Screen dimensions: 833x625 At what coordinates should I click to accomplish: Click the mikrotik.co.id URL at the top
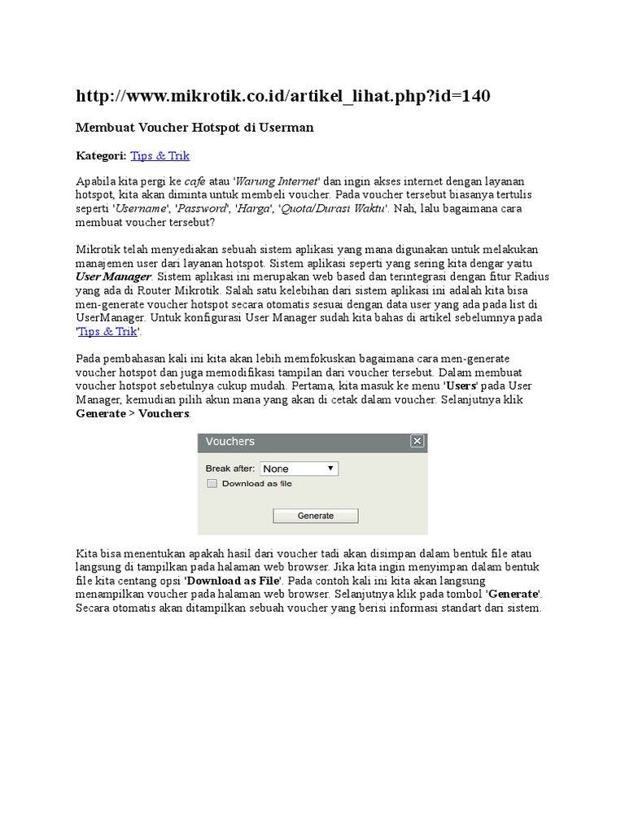pyautogui.click(x=282, y=97)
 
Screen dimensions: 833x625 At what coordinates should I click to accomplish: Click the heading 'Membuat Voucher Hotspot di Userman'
pyautogui.click(x=194, y=128)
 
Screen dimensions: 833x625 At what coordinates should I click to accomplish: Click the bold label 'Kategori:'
pyautogui.click(x=101, y=155)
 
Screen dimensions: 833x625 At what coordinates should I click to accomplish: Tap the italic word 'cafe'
pyautogui.click(x=194, y=181)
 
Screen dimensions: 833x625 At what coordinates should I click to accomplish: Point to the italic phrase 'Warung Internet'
pyautogui.click(x=277, y=181)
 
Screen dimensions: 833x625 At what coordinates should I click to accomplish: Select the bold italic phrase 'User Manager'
pyautogui.click(x=113, y=277)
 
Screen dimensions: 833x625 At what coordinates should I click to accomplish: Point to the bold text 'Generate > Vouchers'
pyautogui.click(x=133, y=413)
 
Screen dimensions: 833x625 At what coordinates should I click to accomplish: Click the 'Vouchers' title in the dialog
pyautogui.click(x=230, y=442)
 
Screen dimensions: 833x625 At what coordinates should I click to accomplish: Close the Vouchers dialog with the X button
pyautogui.click(x=417, y=442)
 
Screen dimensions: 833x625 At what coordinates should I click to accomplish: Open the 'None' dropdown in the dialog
pyautogui.click(x=299, y=469)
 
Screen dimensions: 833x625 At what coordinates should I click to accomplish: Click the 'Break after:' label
pyautogui.click(x=229, y=469)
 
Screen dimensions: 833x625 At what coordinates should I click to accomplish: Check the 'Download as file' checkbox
pyautogui.click(x=212, y=483)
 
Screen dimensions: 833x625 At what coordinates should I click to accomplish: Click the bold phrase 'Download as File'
pyautogui.click(x=233, y=581)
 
